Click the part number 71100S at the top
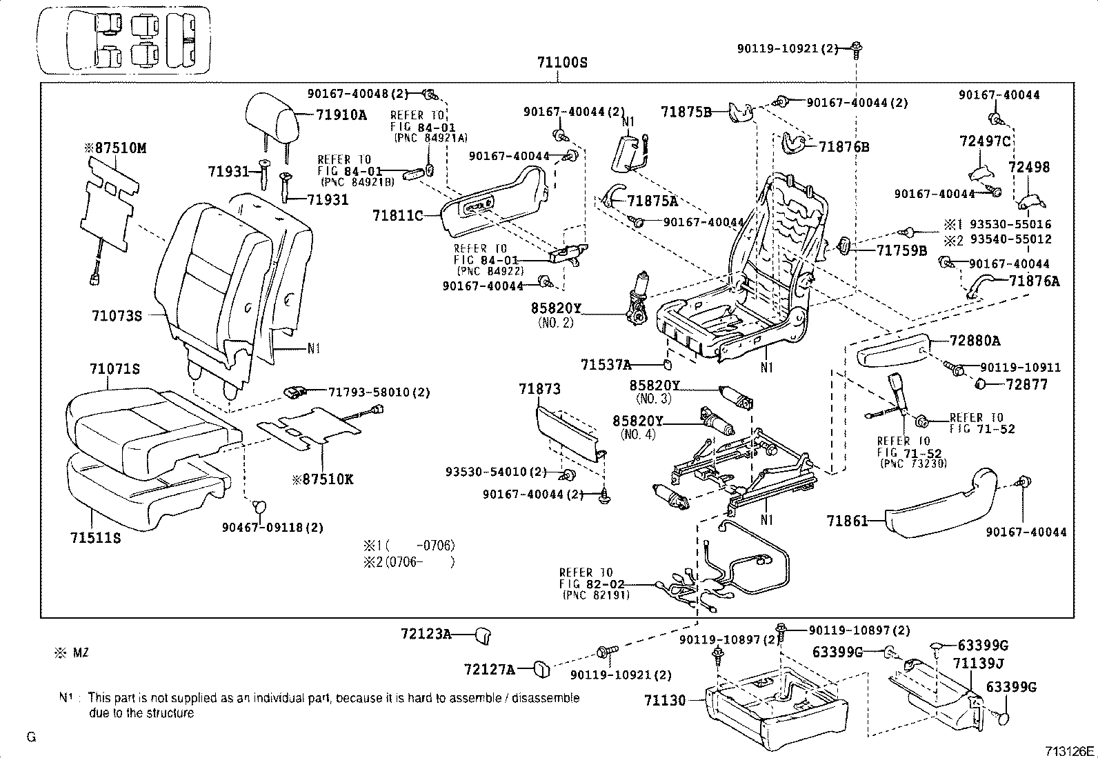pyautogui.click(x=562, y=63)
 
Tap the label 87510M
pyautogui.click(x=116, y=148)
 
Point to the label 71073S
pyautogui.click(x=117, y=316)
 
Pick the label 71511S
pyautogui.click(x=95, y=538)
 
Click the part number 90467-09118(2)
pyautogui.click(x=272, y=528)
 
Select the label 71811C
pyautogui.click(x=397, y=216)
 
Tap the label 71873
pyautogui.click(x=539, y=390)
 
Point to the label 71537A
pyautogui.click(x=606, y=364)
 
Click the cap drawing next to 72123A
pyautogui.click(x=483, y=634)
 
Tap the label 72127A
pyautogui.click(x=490, y=669)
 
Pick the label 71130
pyautogui.click(x=666, y=701)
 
